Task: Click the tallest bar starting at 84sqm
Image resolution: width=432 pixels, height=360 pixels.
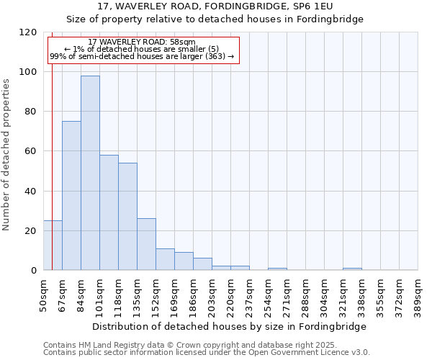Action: [x=90, y=173]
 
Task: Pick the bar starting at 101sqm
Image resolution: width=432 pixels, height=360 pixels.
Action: [x=109, y=212]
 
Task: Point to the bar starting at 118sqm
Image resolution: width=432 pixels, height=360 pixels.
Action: [x=127, y=216]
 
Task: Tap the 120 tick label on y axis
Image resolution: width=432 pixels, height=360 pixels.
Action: [x=27, y=32]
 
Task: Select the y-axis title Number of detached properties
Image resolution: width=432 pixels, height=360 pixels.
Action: [x=6, y=155]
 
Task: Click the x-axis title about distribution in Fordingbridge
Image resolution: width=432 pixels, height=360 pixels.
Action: [x=230, y=326]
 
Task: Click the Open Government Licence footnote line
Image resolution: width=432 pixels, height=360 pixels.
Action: [x=206, y=353]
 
